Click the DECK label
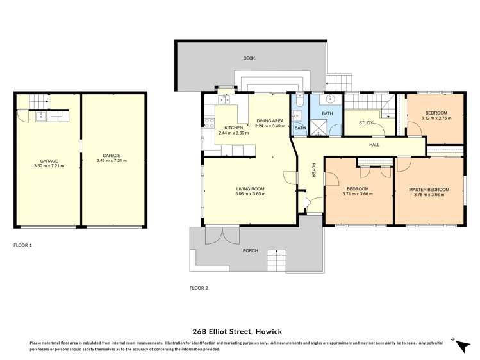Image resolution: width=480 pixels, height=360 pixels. (249, 58)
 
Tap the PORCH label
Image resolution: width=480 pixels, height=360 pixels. (251, 250)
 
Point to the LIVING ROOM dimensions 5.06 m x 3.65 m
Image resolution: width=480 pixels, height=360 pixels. (251, 194)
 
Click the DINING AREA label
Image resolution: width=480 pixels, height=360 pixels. (270, 121)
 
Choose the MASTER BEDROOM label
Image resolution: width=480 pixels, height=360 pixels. (429, 189)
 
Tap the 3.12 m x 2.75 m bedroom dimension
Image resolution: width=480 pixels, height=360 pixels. (434, 118)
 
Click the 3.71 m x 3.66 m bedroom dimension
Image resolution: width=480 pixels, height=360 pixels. (358, 194)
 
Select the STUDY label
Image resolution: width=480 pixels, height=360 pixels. (366, 123)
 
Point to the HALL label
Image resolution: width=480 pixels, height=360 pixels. (374, 145)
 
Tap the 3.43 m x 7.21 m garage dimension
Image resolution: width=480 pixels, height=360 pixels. (112, 160)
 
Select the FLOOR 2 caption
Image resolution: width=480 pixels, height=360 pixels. (199, 288)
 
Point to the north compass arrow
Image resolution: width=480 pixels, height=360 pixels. (460, 345)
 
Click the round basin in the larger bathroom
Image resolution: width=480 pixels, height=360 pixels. (329, 100)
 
